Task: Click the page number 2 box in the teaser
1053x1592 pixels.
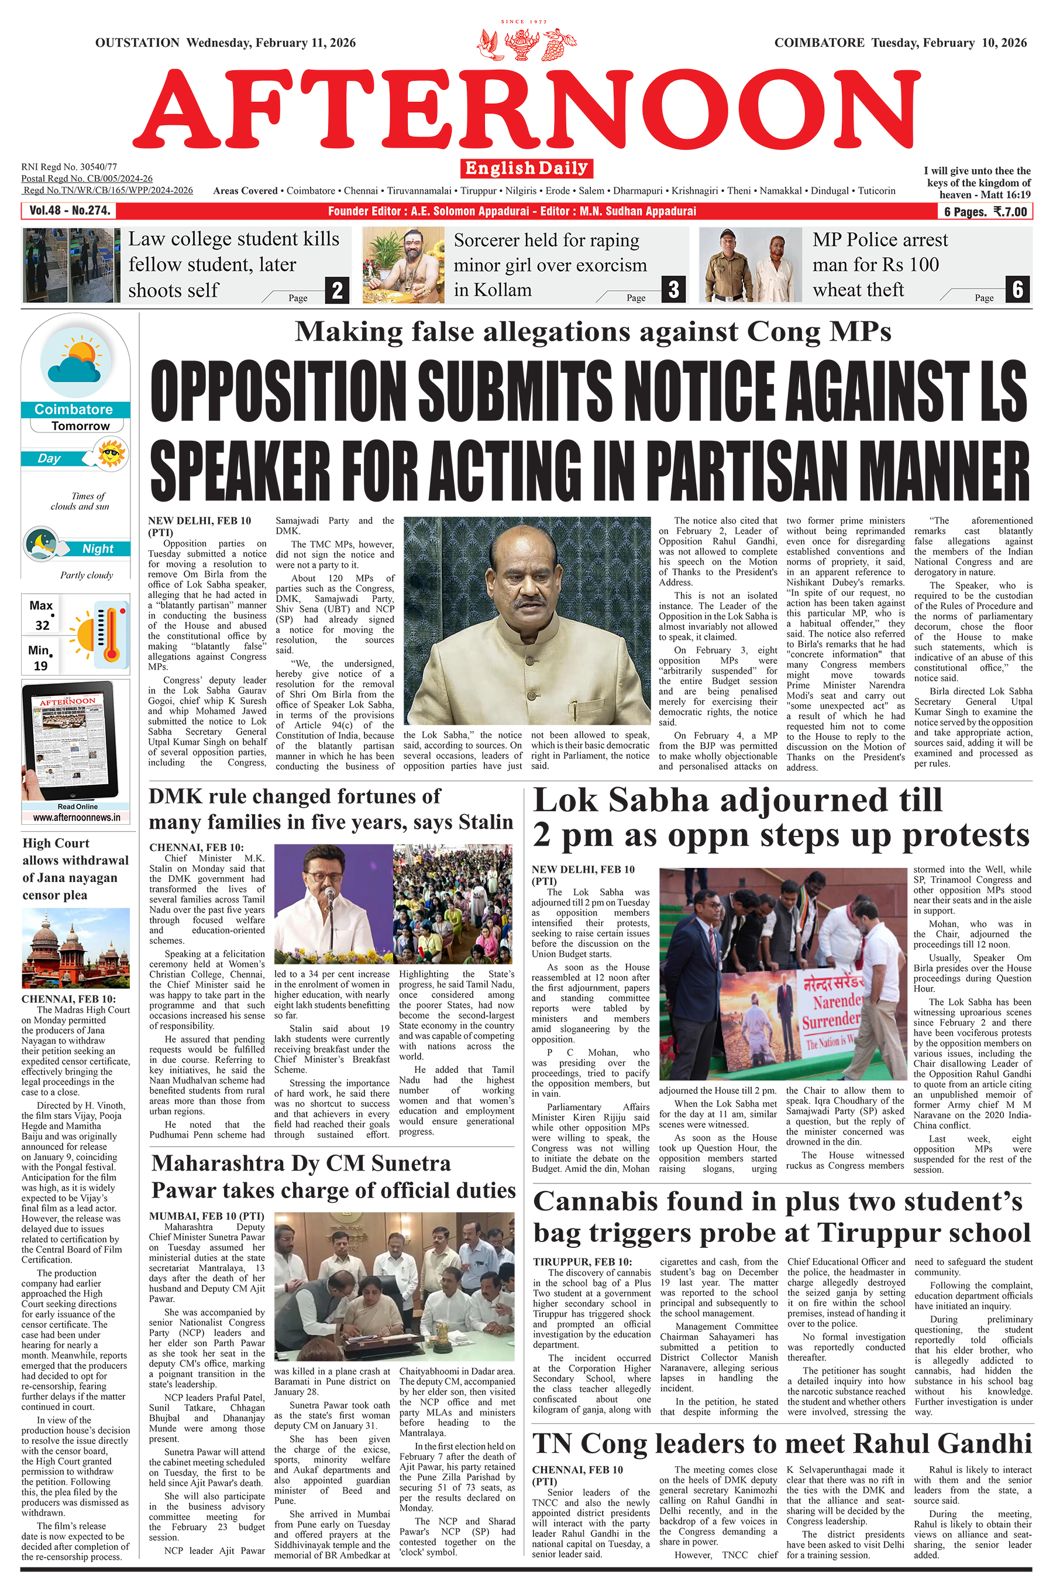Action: (337, 290)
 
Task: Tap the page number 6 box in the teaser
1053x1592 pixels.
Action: (1017, 290)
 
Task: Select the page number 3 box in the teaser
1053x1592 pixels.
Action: (673, 290)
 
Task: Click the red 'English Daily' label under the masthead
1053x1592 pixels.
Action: (526, 168)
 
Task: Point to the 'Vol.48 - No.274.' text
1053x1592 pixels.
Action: (69, 211)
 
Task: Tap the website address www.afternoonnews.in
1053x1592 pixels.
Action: (77, 818)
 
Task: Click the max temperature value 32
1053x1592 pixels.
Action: (42, 625)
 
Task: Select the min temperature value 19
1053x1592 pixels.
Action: (40, 665)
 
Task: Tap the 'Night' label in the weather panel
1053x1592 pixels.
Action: (97, 549)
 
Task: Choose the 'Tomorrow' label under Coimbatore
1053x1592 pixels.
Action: (80, 426)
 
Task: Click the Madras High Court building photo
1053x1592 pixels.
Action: (75, 948)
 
